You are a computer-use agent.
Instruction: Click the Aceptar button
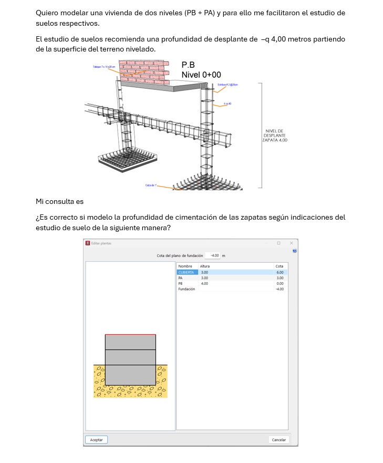[x=96, y=439]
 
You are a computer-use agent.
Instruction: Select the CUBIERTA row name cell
[x=187, y=272]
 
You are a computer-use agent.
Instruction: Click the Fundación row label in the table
[x=187, y=289]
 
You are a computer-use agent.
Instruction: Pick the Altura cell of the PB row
[x=205, y=283]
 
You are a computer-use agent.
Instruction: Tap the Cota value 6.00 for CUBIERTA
[x=280, y=272]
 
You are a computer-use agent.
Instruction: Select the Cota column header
[x=280, y=266]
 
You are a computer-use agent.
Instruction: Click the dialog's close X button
[x=291, y=243]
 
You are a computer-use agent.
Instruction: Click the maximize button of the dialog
[x=278, y=243]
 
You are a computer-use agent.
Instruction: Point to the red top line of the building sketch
[x=130, y=334]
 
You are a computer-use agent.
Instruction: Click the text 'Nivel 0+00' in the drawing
[x=201, y=75]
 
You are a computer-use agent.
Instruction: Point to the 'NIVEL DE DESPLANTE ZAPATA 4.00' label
[x=275, y=136]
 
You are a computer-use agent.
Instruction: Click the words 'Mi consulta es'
[x=59, y=201]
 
